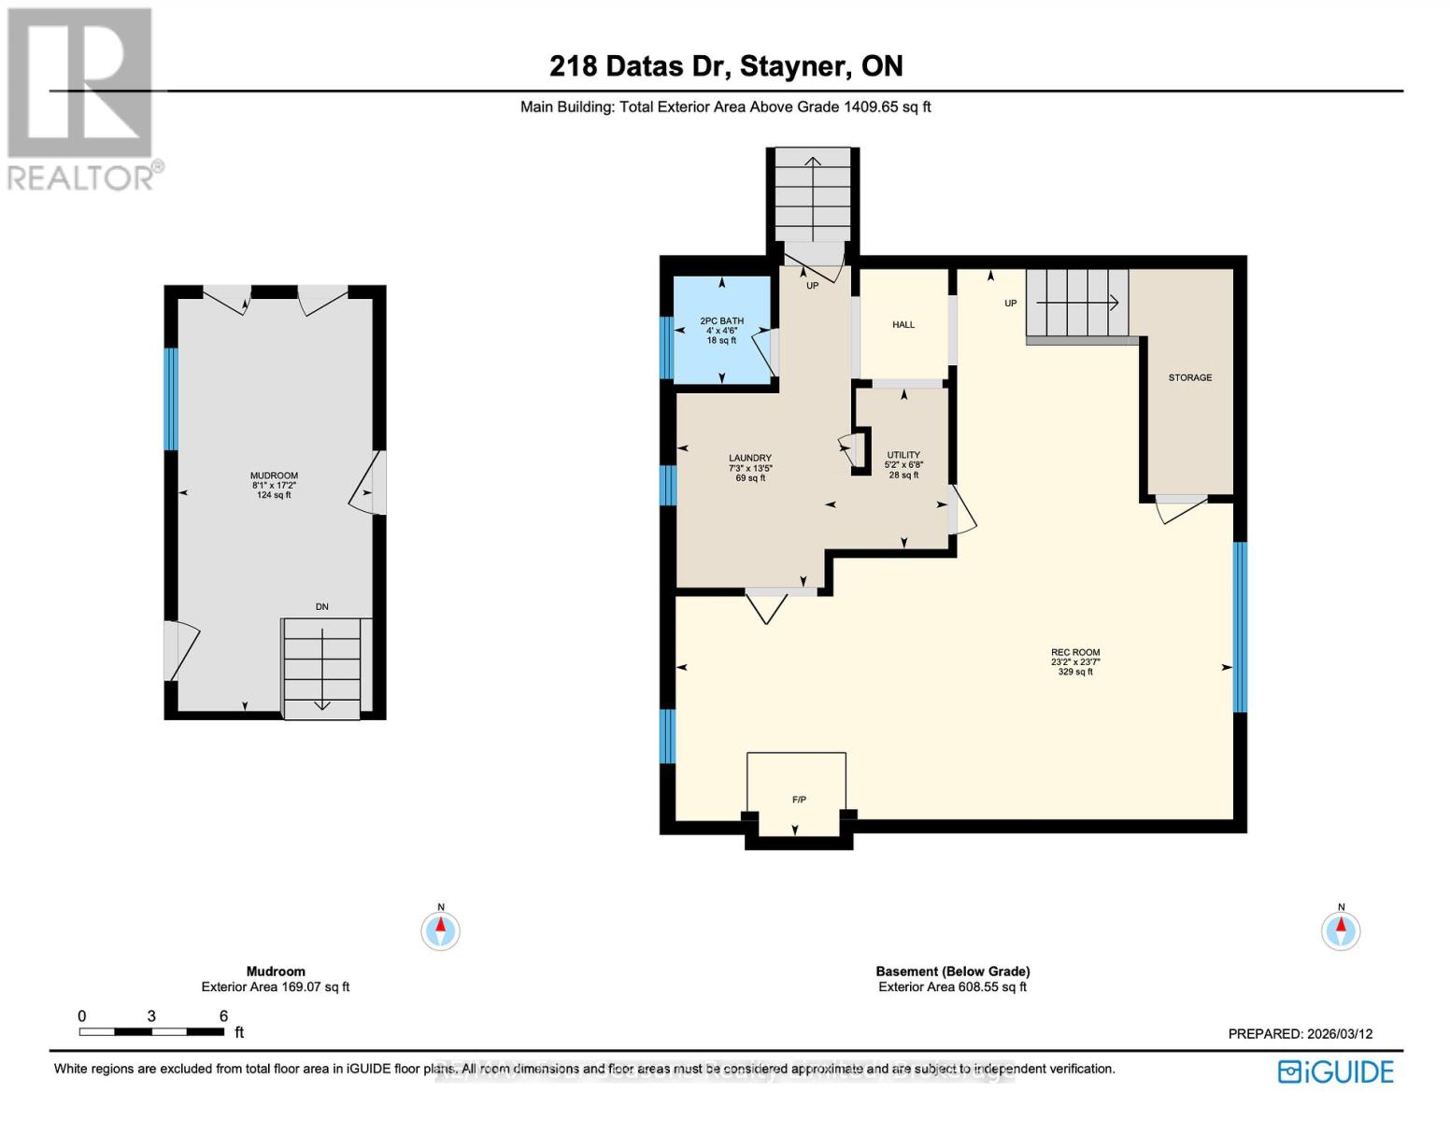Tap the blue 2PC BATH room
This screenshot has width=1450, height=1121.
(721, 330)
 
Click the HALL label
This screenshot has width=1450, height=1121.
(903, 325)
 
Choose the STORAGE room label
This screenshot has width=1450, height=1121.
(1189, 377)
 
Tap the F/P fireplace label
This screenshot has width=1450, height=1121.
(799, 800)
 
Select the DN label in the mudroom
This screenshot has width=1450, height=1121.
(321, 607)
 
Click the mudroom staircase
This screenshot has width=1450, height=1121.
(322, 669)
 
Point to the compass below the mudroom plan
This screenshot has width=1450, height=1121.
(440, 929)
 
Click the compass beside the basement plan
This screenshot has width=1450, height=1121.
(1341, 929)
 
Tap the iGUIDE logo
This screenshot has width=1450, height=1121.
(1336, 1071)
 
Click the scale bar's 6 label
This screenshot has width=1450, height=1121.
(223, 1016)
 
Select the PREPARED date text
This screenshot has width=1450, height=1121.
(1300, 1034)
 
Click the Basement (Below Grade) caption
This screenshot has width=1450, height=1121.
(952, 972)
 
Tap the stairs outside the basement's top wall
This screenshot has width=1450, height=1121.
(813, 196)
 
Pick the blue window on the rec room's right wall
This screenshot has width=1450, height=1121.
(1240, 627)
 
